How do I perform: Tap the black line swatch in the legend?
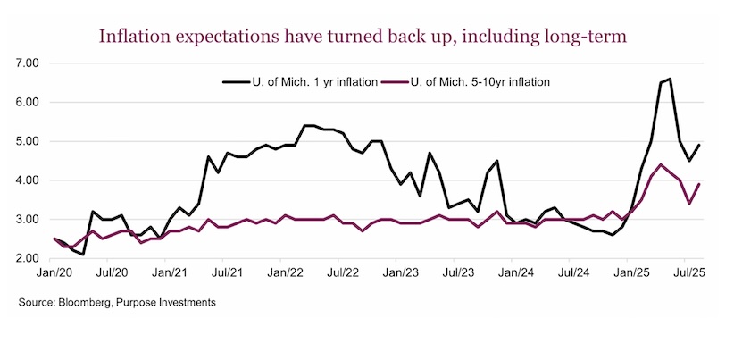[x=236, y=82]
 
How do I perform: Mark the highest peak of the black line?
[x=670, y=79]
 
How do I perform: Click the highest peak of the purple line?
[x=660, y=164]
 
